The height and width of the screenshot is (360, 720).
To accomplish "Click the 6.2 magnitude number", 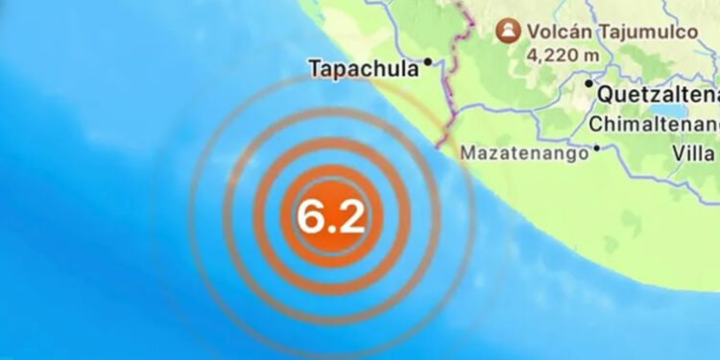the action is coord(330,217).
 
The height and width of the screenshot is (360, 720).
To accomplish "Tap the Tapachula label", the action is coord(365,68).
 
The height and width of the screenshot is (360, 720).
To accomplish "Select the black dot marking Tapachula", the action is coord(428,62).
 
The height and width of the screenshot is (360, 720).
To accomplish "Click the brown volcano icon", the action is coord(506,32).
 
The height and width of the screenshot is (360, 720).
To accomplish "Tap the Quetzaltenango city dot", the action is coord(589,84).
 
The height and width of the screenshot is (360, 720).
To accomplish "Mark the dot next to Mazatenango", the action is coord(597,148).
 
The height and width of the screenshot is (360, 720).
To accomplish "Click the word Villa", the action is coord(697,152).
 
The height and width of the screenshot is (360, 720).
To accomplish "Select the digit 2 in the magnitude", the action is coord(348,217).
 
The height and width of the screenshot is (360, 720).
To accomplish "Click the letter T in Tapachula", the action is coord(314,68).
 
